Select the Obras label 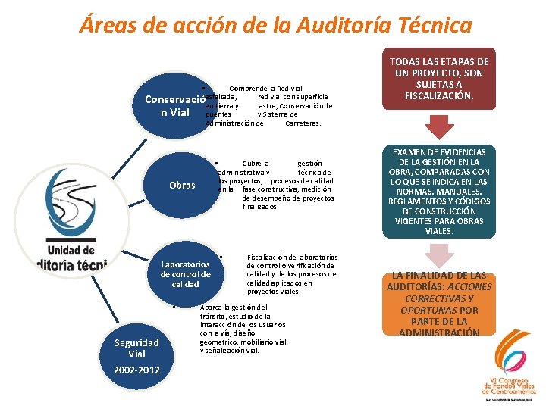coord(182,185)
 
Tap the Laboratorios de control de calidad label coord(185,273)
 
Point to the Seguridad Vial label coord(136,348)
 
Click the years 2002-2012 coord(136,370)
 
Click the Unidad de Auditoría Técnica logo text coord(72,257)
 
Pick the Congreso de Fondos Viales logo coord(510,367)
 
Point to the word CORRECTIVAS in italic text coord(439,298)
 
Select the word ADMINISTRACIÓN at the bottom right coord(439,333)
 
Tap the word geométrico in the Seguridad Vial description coord(221,342)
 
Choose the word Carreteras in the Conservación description coord(303,123)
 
